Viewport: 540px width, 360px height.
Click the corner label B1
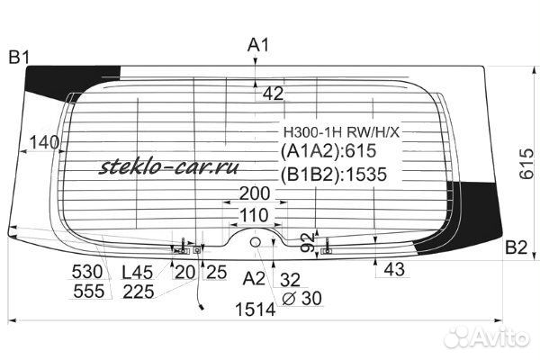pos(19,58)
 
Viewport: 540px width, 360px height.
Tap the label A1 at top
pos(258,45)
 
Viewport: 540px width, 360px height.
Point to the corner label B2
pos(517,247)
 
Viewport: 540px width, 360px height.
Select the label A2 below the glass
pos(254,278)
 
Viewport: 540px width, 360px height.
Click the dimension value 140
pos(44,142)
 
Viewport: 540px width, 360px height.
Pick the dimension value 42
pos(273,94)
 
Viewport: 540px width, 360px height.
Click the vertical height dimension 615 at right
pos(526,164)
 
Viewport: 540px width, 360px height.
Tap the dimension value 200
pos(254,193)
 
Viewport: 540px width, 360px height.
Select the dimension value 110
pos(254,215)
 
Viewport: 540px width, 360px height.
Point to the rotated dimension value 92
pos(308,242)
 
